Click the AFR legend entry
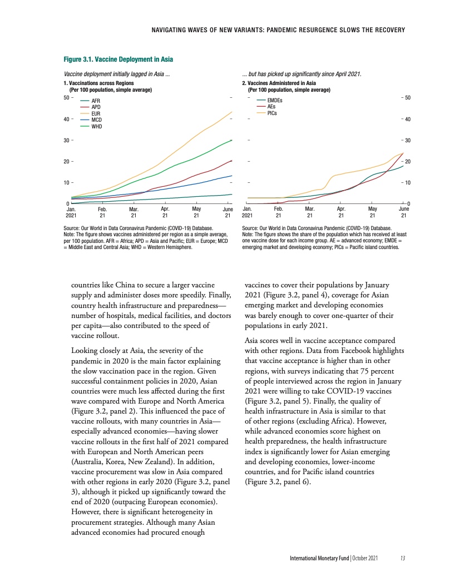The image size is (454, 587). (x=95, y=100)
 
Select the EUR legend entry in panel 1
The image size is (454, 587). (x=96, y=113)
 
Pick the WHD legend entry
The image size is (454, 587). (x=96, y=126)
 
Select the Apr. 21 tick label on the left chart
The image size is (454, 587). (x=165, y=212)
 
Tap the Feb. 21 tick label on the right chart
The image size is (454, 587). (x=279, y=212)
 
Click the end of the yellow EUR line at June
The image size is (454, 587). (x=231, y=112)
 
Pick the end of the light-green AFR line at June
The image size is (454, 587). (x=231, y=194)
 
